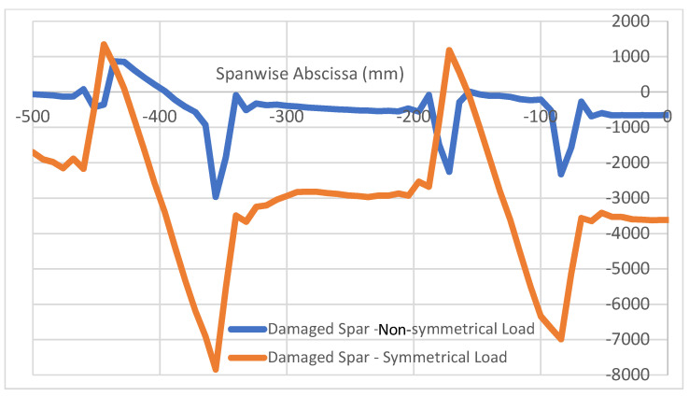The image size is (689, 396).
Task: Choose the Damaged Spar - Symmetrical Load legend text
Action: (x=387, y=356)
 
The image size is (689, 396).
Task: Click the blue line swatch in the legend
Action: (x=246, y=328)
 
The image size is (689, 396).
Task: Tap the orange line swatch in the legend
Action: (x=246, y=356)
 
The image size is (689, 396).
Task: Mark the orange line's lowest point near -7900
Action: (x=217, y=369)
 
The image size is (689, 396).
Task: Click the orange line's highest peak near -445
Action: (x=103, y=45)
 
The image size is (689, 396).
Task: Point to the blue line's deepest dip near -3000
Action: (x=216, y=196)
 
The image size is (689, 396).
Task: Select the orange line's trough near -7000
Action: (x=561, y=338)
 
